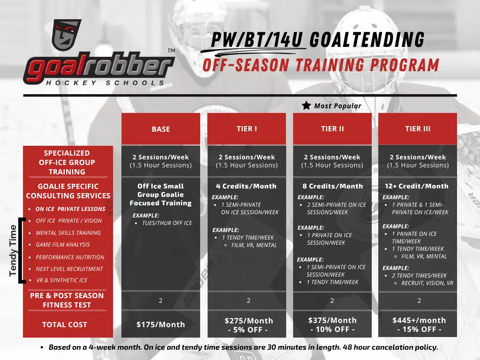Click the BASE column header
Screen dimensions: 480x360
point(161,129)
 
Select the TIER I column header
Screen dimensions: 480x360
point(247,129)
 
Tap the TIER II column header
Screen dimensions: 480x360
point(332,129)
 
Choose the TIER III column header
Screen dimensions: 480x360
point(418,129)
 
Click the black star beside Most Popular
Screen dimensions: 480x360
point(306,105)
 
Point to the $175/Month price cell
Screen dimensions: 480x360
point(161,324)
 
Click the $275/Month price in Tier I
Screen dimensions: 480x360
point(248,321)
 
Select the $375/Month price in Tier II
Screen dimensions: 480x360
point(332,320)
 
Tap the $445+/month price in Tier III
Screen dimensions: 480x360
point(419,320)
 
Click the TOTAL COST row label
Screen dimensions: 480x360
point(65,324)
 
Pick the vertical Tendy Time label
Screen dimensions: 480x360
point(13,250)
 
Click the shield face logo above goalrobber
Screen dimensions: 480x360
point(67,35)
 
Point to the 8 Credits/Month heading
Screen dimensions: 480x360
point(332,186)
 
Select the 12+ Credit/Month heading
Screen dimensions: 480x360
point(417,186)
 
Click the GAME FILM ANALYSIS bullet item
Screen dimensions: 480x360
point(63,245)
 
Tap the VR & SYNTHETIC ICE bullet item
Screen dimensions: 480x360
point(61,280)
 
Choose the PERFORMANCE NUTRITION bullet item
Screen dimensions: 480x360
point(70,257)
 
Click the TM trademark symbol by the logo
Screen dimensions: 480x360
point(171,51)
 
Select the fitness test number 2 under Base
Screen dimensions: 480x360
point(160,300)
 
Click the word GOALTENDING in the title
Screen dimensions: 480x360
point(367,39)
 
